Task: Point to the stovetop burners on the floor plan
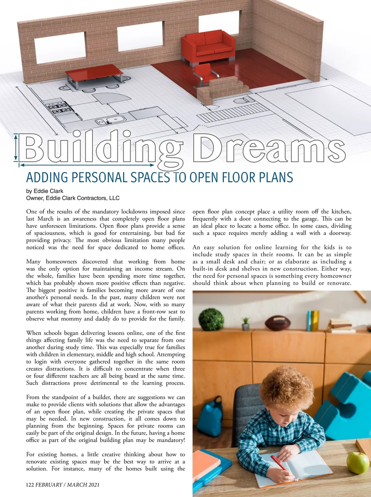(58, 108)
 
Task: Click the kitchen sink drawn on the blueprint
(109, 120)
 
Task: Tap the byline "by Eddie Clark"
(45, 191)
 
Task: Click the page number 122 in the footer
(30, 485)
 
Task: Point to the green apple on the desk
(358, 462)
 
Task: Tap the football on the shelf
(277, 323)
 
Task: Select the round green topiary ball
(211, 319)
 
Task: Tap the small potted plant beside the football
(245, 323)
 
